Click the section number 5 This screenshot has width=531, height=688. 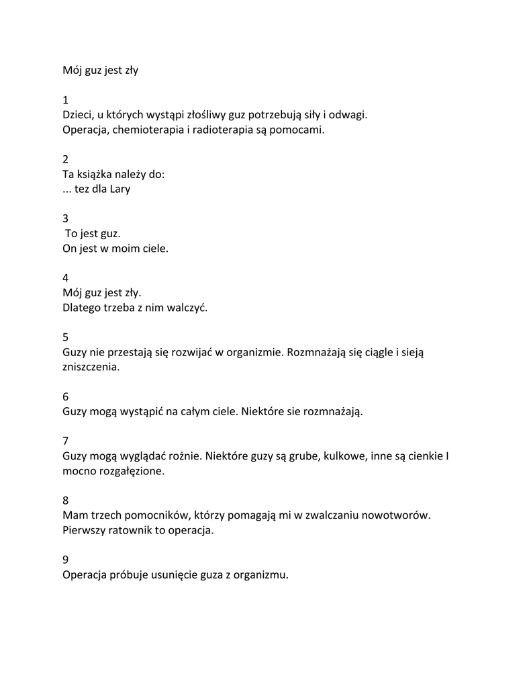(x=66, y=337)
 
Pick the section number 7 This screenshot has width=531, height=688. (x=66, y=441)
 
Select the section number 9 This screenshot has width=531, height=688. (x=66, y=559)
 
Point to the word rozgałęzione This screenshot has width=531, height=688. (x=130, y=471)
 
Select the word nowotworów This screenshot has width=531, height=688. (x=395, y=515)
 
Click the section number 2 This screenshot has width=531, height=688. (x=66, y=159)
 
